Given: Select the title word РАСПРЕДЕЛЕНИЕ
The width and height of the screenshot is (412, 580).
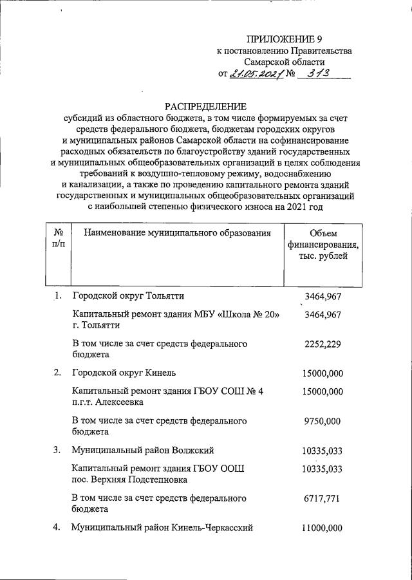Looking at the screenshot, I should (x=205, y=106).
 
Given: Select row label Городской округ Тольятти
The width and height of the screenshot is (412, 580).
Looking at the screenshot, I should (x=128, y=296).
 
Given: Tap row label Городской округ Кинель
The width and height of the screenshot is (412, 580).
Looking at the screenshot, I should (x=124, y=373).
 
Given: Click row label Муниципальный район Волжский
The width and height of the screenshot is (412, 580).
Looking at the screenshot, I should (x=142, y=449).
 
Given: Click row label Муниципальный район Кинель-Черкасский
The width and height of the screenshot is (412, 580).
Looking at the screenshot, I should (x=162, y=527).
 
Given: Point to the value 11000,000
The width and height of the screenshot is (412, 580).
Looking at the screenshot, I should (x=323, y=527).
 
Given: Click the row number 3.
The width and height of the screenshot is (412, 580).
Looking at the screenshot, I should (x=57, y=449).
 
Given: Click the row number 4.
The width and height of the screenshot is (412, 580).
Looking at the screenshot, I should (x=57, y=527).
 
